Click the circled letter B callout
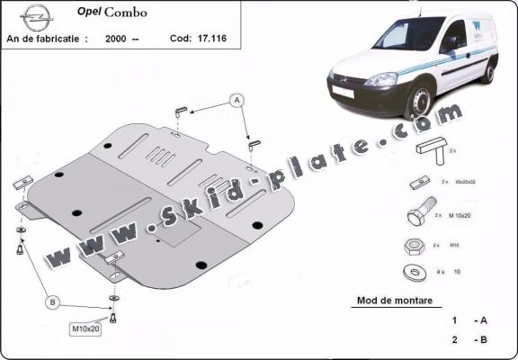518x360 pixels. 53,301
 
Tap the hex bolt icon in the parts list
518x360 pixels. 421,217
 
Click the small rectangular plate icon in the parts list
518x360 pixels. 418,183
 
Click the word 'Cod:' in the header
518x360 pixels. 181,40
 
